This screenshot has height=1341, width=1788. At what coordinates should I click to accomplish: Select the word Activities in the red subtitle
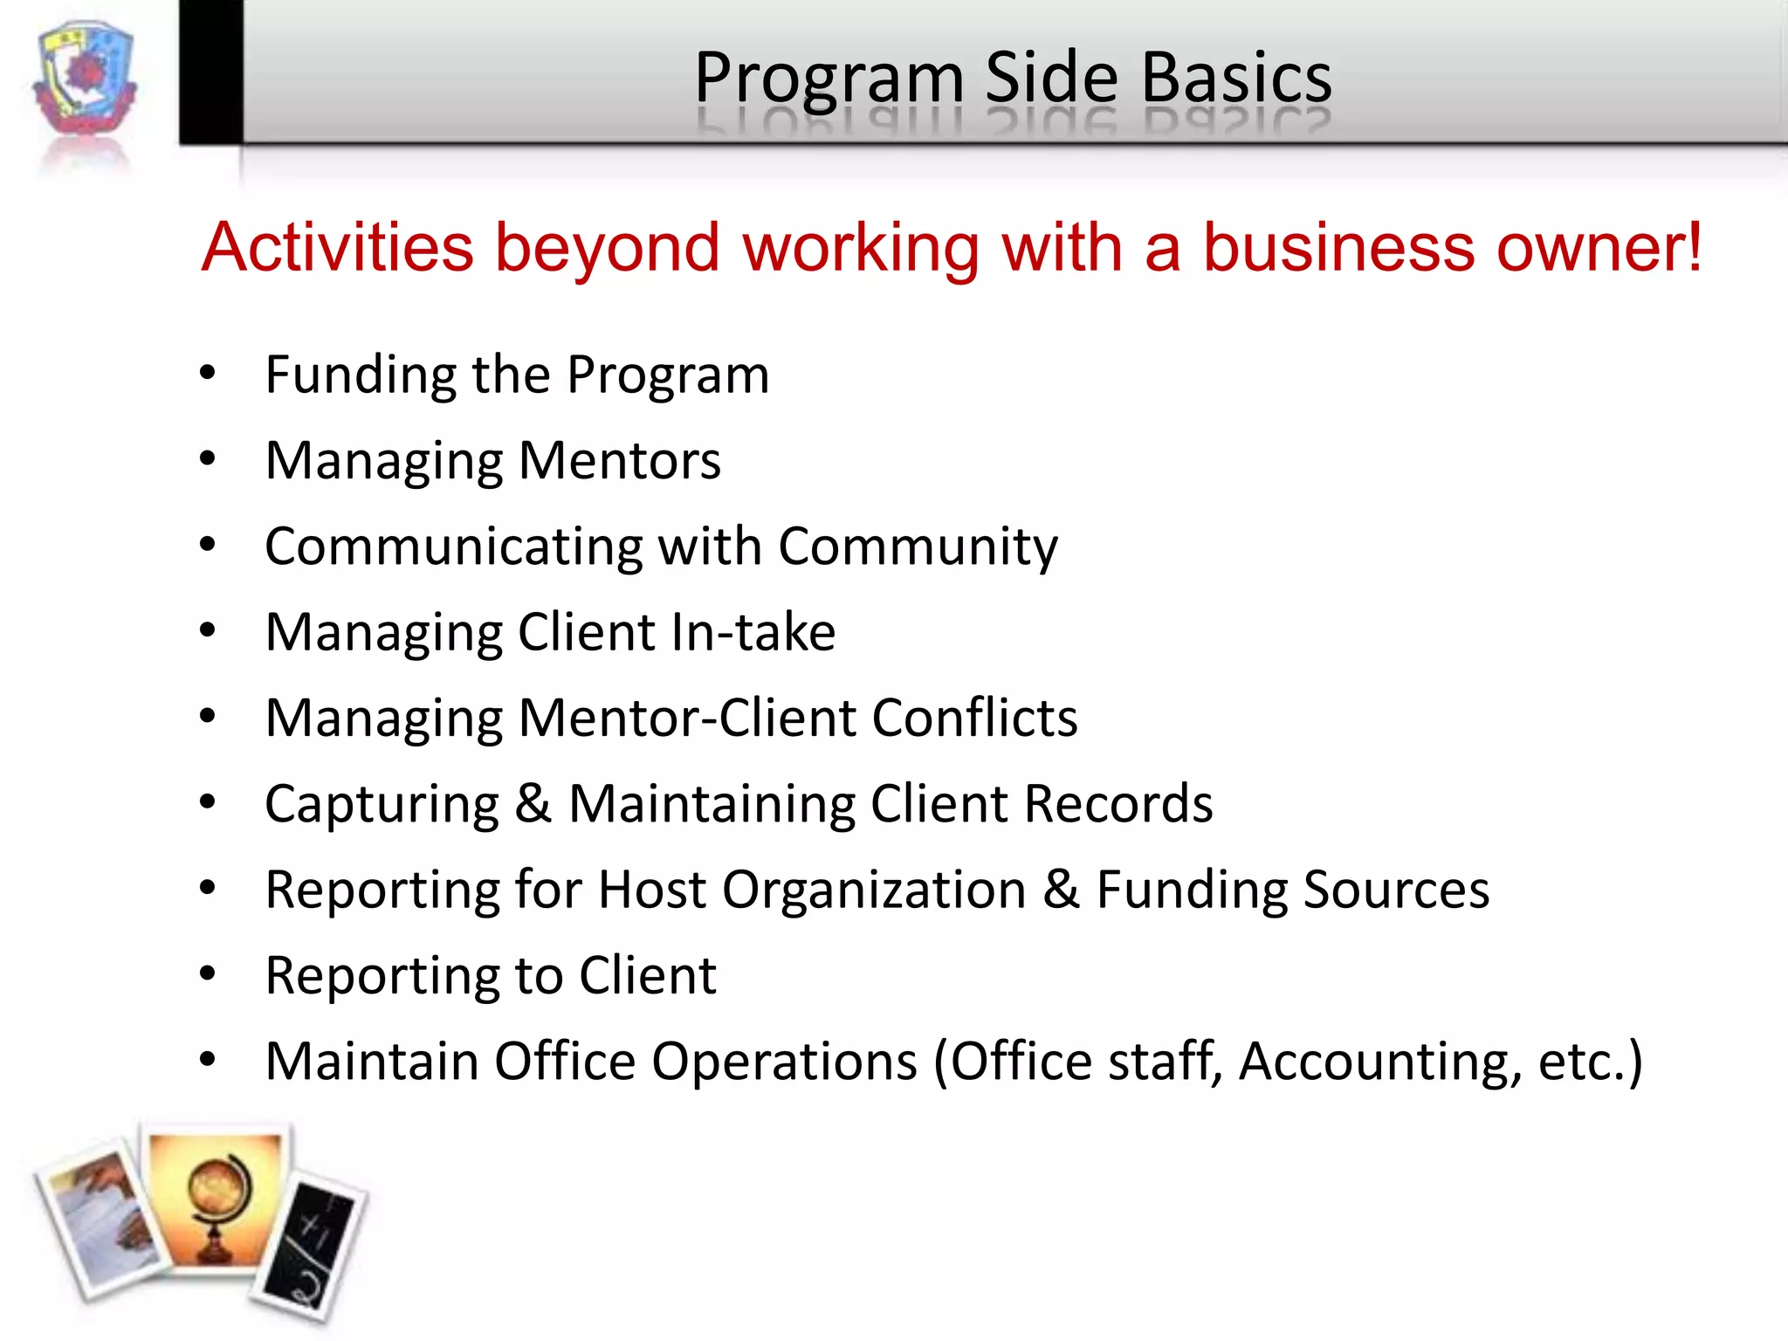[338, 247]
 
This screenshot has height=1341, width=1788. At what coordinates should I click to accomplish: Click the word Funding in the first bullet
[361, 375]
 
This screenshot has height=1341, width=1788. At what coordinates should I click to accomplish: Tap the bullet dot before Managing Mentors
[207, 458]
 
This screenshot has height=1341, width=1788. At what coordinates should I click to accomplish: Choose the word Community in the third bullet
[918, 547]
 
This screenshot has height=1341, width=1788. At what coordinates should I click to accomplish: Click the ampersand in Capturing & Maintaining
[533, 803]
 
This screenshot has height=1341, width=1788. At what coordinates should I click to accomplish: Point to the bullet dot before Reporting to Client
[207, 973]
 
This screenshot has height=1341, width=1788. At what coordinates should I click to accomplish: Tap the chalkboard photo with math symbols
[312, 1244]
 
